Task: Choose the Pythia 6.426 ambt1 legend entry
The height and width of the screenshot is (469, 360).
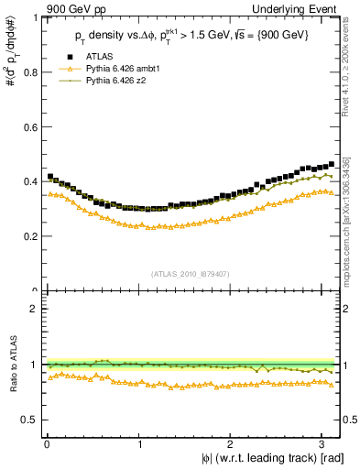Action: [124, 70]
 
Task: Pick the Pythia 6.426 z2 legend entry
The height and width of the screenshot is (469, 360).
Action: [116, 81]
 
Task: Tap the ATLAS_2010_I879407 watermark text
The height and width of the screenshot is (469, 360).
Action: [191, 272]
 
